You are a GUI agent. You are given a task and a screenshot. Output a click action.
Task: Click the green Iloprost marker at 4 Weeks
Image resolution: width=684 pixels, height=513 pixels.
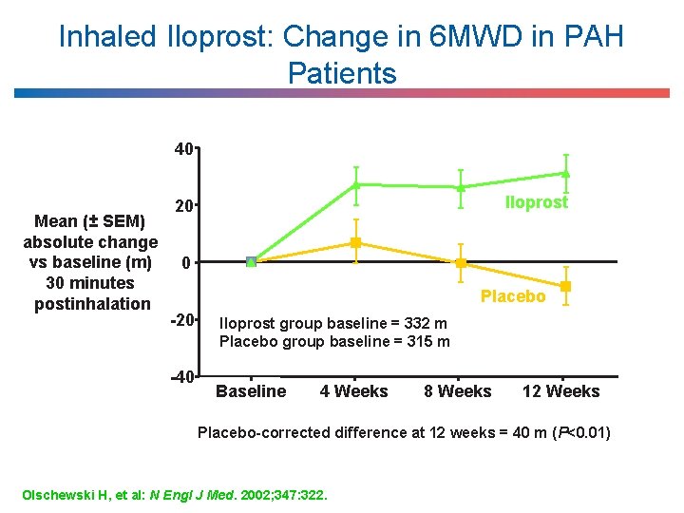(x=355, y=184)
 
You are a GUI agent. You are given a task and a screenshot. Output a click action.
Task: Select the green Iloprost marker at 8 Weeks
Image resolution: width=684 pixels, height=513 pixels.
(x=461, y=187)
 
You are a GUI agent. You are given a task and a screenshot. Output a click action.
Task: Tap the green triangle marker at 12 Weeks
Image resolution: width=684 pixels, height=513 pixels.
(x=565, y=173)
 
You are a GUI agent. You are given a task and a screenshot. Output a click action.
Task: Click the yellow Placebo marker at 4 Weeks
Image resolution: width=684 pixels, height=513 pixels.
(x=355, y=243)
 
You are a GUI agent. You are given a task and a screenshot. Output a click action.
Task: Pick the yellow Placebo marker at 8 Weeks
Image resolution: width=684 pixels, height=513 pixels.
(x=461, y=263)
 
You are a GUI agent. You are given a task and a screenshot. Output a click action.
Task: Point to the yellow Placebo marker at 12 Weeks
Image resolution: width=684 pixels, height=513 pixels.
(x=565, y=286)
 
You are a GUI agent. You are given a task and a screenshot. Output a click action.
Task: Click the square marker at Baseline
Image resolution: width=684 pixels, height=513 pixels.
(x=251, y=261)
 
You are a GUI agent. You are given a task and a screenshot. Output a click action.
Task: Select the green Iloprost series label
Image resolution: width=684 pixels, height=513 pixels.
(x=537, y=202)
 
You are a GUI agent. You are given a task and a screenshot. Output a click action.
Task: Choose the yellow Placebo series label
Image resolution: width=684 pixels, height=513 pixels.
(x=513, y=296)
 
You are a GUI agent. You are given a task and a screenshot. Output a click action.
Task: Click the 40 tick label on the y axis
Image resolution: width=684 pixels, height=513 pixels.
(x=183, y=148)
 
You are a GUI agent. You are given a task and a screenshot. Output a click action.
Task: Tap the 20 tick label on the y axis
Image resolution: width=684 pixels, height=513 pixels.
(x=183, y=205)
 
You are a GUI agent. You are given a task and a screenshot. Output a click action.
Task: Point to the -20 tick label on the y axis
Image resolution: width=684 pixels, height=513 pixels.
(x=180, y=319)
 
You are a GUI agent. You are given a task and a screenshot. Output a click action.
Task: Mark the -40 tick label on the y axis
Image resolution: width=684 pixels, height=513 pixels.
(x=180, y=376)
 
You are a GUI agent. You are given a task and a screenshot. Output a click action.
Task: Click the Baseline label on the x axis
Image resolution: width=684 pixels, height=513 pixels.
(x=251, y=391)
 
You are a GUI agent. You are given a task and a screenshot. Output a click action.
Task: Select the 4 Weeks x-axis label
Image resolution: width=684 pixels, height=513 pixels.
(x=353, y=391)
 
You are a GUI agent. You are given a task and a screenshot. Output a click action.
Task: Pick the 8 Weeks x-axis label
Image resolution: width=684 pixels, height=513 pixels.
(x=458, y=391)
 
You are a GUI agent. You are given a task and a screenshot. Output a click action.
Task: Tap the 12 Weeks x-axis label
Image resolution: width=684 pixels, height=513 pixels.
(x=561, y=391)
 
